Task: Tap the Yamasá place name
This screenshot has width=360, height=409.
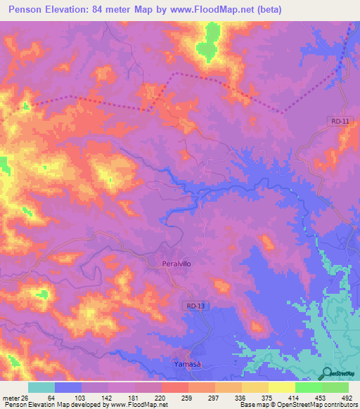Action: (x=188, y=364)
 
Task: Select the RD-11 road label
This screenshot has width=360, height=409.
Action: (x=340, y=122)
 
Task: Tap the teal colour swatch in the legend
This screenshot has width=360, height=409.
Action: (x=41, y=388)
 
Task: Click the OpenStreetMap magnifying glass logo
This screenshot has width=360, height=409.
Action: (x=326, y=373)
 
